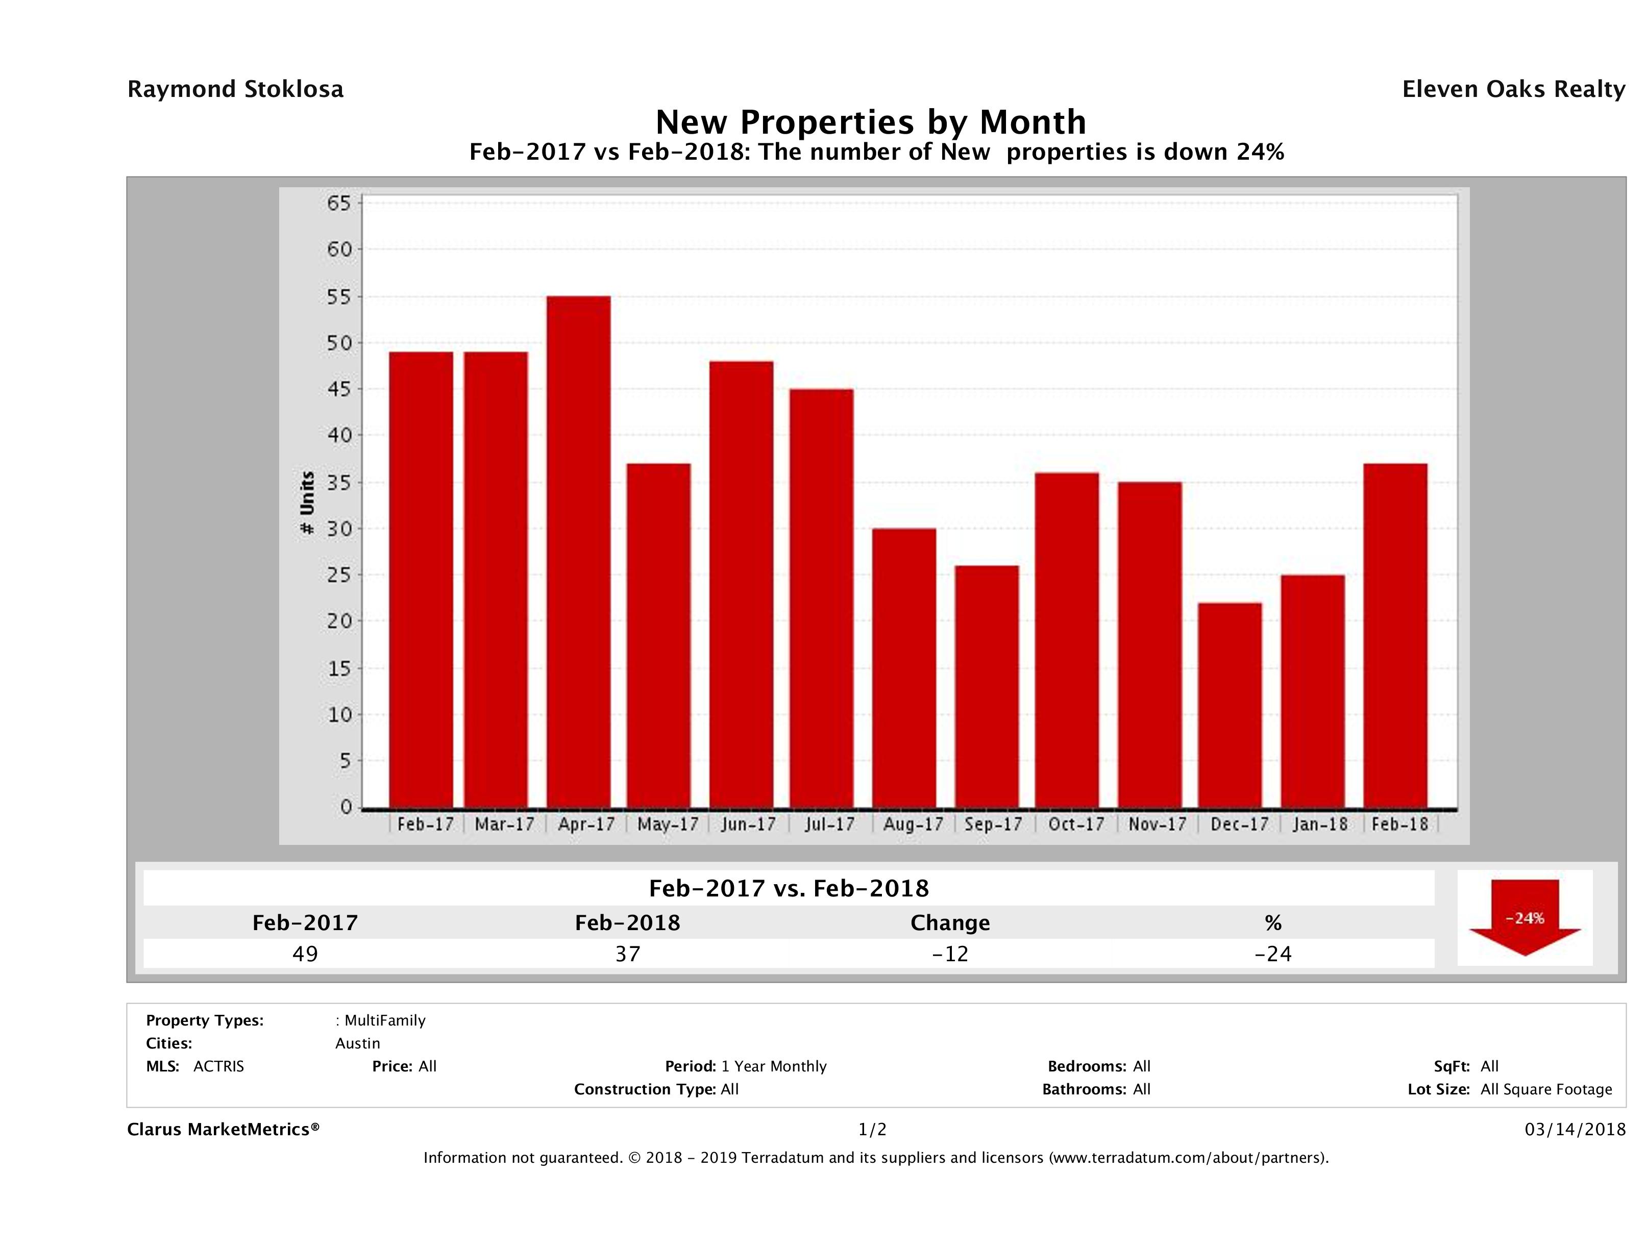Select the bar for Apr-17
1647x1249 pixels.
pos(579,552)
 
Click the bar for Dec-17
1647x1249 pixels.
pos(1230,705)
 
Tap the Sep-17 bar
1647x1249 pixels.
pos(987,686)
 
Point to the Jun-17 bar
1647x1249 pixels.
pos(742,584)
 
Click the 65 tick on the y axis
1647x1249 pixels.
pos(339,203)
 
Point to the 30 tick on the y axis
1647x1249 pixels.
pos(339,529)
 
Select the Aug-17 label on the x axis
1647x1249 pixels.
pos(913,825)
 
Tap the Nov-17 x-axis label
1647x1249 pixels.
pos(1157,825)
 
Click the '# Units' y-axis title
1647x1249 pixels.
pos(307,503)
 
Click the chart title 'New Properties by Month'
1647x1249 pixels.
pos(870,121)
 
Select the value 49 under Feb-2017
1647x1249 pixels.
pos(305,954)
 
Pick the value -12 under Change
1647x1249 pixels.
pos(950,954)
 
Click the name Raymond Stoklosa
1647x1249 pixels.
pos(235,89)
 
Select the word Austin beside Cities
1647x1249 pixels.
pos(357,1043)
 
